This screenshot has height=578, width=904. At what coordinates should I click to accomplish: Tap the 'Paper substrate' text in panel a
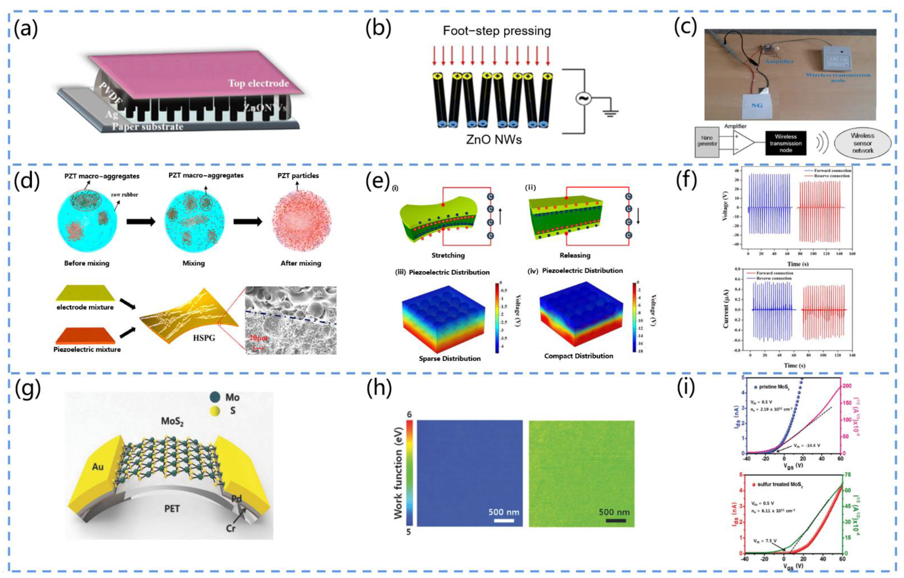click(x=147, y=126)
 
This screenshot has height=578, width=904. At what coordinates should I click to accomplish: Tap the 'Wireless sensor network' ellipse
click(x=862, y=143)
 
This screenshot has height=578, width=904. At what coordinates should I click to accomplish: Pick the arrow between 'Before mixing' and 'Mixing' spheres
click(x=141, y=222)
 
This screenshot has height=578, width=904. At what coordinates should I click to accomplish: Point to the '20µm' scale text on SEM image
click(x=257, y=338)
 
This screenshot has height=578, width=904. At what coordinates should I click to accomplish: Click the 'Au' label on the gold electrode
click(x=98, y=467)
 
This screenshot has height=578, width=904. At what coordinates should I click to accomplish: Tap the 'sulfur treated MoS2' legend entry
click(x=777, y=484)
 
